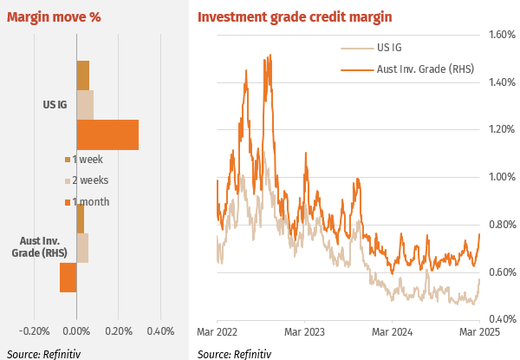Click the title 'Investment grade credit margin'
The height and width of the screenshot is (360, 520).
click(295, 16)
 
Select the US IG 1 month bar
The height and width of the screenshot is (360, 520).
click(107, 134)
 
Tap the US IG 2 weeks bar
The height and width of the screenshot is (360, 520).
click(85, 105)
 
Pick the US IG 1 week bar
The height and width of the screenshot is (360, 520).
click(82, 75)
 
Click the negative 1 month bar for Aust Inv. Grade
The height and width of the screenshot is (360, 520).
click(68, 278)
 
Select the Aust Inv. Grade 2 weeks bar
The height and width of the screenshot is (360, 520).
click(82, 247)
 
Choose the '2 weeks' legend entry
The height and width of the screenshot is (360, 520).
click(90, 180)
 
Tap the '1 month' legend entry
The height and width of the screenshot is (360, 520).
click(90, 202)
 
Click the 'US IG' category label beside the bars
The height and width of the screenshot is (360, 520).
click(55, 105)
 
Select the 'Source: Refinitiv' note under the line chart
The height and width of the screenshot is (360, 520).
click(234, 353)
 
